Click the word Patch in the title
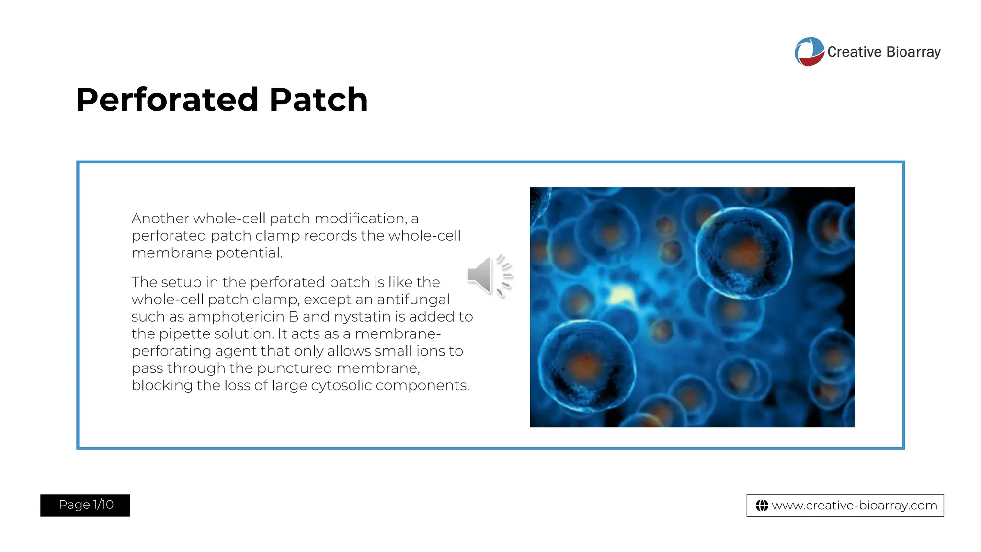pyautogui.click(x=319, y=100)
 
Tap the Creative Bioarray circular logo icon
pyautogui.click(x=809, y=51)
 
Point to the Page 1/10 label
pyautogui.click(x=85, y=505)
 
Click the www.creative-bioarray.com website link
pyautogui.click(x=854, y=505)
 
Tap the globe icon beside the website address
pyautogui.click(x=762, y=506)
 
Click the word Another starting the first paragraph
pyautogui.click(x=160, y=218)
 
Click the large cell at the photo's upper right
pyautogui.click(x=743, y=253)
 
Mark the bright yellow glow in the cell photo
pyautogui.click(x=621, y=294)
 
